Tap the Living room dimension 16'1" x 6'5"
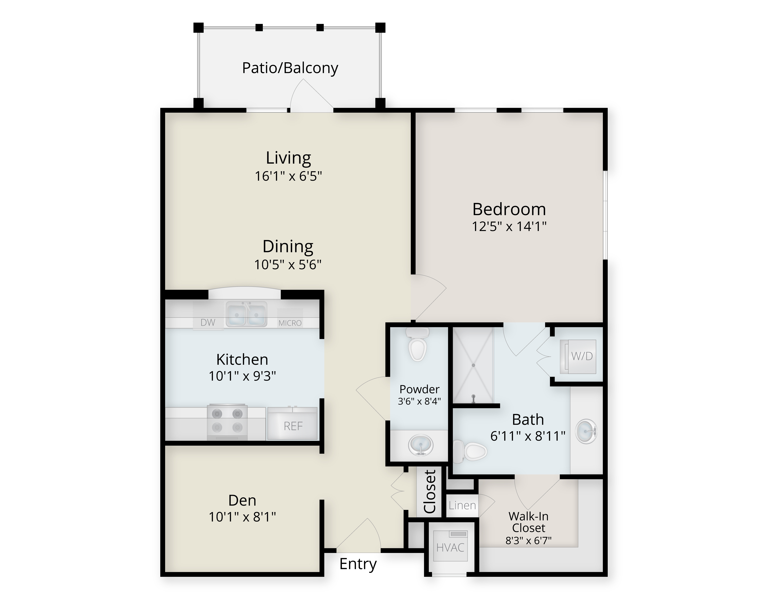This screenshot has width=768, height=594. (288, 176)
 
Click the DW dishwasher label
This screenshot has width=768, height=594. (208, 323)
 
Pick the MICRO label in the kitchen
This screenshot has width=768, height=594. (290, 323)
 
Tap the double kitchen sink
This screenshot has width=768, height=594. (246, 313)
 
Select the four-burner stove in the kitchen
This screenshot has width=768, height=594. (227, 422)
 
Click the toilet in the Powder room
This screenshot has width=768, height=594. (417, 344)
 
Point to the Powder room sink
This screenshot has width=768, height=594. (421, 445)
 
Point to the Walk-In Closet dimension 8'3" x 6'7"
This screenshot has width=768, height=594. (528, 540)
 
